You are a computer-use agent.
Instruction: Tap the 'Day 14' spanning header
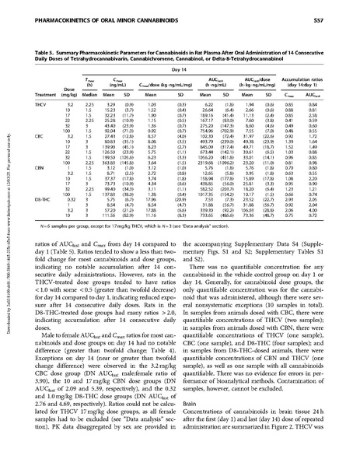pyautogui.click(x=183, y=54)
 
